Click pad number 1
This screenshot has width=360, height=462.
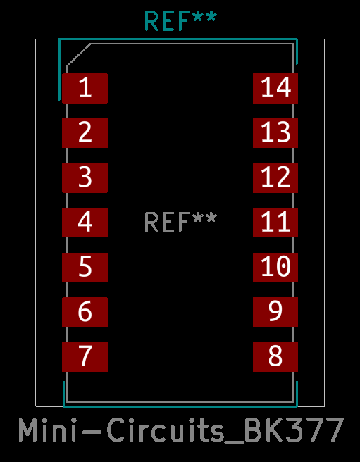85,89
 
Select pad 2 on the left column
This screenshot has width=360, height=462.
85,133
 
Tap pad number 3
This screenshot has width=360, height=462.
85,178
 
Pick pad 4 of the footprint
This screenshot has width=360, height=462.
85,223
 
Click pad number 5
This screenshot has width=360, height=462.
85,268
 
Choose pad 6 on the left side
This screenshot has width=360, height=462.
85,312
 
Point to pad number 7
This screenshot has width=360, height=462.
85,357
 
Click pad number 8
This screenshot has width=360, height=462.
275,357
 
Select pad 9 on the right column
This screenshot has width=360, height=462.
275,312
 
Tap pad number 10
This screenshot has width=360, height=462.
275,268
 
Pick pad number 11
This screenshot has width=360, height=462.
275,223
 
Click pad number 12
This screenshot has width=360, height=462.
275,178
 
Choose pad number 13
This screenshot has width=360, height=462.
275,133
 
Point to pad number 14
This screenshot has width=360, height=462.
275,89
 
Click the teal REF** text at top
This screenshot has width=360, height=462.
181,21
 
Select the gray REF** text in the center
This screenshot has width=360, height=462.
181,223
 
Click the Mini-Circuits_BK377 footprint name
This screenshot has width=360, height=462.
181,430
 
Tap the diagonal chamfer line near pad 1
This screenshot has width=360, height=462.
78,55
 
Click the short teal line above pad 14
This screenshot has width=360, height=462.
297,51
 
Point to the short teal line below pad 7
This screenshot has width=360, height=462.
63,394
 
